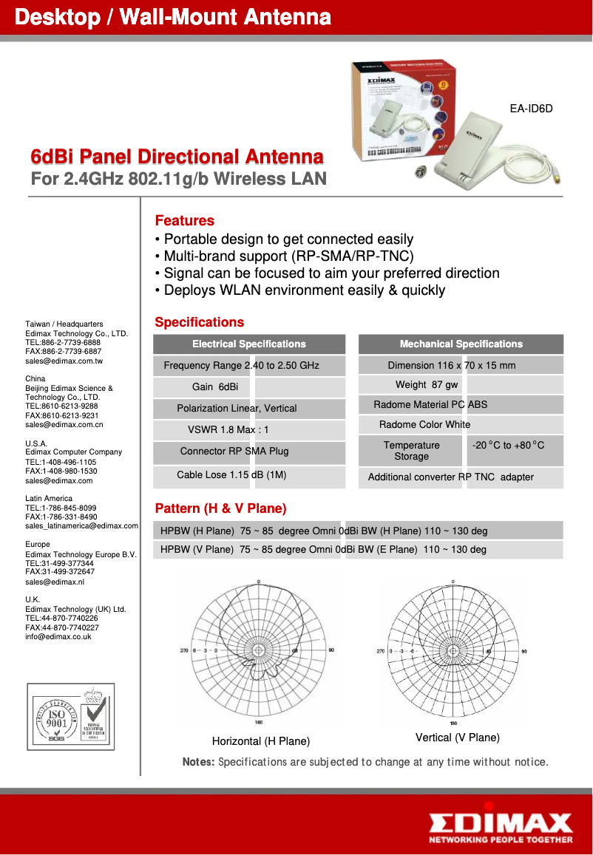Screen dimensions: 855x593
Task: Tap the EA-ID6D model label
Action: (x=531, y=109)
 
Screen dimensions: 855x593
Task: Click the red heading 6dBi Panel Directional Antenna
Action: (x=177, y=157)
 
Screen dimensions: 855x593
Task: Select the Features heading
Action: (x=184, y=221)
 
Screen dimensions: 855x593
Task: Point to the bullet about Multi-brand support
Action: (x=284, y=256)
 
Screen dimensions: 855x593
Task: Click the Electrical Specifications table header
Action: (x=248, y=344)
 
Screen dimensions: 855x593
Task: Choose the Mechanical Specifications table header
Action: (x=461, y=344)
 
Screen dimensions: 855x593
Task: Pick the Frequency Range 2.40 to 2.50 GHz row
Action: (x=241, y=366)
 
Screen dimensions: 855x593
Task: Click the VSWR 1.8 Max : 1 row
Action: (x=228, y=430)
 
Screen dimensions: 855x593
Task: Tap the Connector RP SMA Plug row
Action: (x=234, y=452)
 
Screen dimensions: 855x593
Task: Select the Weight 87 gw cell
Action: (x=427, y=385)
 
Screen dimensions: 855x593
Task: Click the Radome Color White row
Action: (x=424, y=425)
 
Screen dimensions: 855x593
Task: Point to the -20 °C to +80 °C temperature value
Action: (x=508, y=446)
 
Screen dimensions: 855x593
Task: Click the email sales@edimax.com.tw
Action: (x=64, y=362)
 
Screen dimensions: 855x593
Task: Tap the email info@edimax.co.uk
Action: (x=58, y=637)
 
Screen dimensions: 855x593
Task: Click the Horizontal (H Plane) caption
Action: (x=260, y=741)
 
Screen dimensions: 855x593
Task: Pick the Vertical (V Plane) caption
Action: (x=457, y=738)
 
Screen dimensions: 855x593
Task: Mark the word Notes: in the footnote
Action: (x=198, y=762)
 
